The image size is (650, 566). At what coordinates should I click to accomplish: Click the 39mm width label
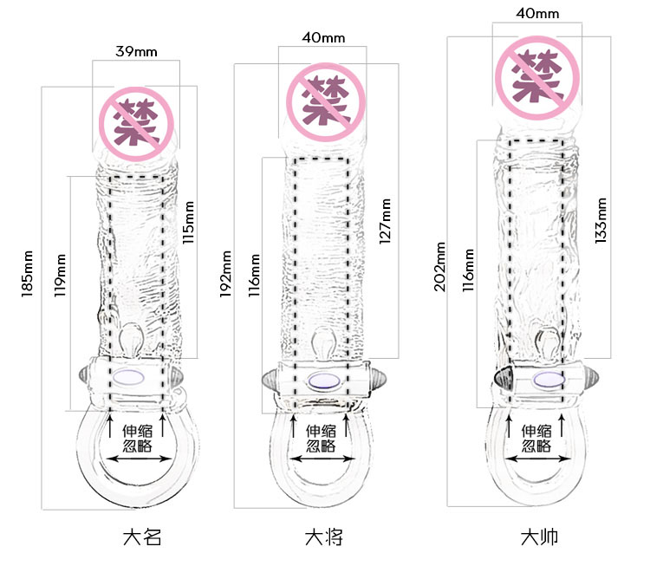136,52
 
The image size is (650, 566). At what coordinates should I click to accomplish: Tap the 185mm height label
28,274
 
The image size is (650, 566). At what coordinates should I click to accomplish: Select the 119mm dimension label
60,276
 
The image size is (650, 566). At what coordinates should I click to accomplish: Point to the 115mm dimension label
188,222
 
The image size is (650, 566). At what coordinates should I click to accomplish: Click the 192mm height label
225,274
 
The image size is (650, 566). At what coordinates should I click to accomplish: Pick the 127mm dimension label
385,221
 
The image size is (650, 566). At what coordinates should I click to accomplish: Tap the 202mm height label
439,267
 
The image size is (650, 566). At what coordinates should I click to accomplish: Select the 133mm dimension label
601,221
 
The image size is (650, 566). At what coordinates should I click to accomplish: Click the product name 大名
142,537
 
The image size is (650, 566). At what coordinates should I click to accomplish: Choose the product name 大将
324,537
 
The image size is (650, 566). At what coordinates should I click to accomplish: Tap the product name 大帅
539,537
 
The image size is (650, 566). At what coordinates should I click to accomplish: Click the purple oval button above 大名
128,377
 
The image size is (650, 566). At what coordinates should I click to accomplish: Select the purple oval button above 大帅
549,380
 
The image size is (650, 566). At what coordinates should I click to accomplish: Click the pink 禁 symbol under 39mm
136,124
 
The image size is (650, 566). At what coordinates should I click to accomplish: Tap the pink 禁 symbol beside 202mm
536,78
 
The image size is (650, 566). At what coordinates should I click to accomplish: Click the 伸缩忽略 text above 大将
322,438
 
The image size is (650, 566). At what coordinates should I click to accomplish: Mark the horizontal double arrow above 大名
139,459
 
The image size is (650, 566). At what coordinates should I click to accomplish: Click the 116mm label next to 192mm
254,276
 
